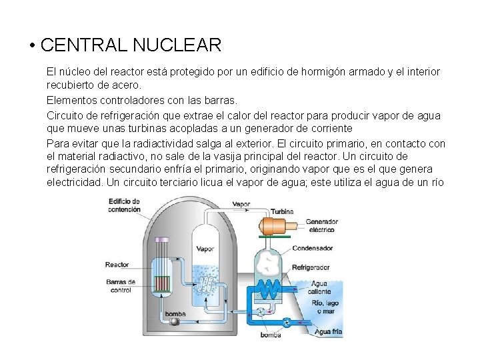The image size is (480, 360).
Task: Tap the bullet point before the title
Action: pyautogui.click(x=31, y=47)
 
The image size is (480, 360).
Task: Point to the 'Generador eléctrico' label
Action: pyautogui.click(x=322, y=226)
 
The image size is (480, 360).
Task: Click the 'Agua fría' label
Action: pyautogui.click(x=329, y=331)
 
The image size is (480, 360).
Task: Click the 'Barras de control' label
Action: pyautogui.click(x=121, y=285)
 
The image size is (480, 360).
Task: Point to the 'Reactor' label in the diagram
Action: pyautogui.click(x=117, y=265)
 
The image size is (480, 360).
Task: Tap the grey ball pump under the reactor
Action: pyautogui.click(x=175, y=321)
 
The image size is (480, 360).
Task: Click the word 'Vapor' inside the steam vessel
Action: pyautogui.click(x=205, y=249)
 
